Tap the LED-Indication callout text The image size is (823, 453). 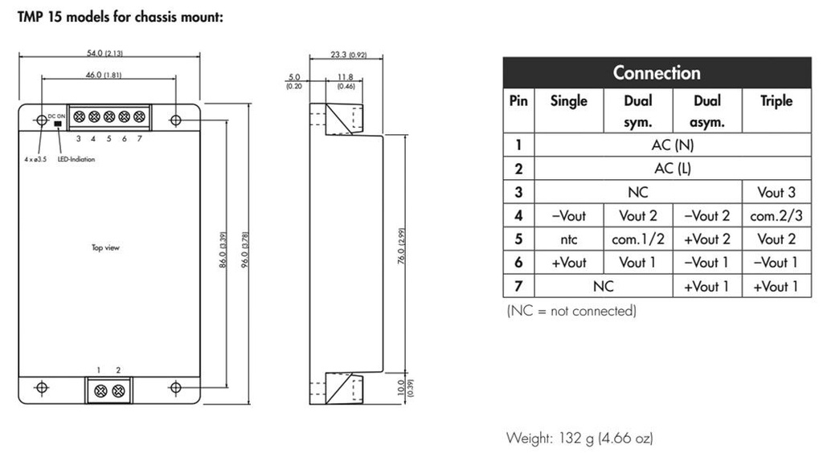click(76, 159)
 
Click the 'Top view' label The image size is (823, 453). click(105, 247)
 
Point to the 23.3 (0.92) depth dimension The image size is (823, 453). click(347, 55)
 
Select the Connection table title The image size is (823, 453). click(657, 72)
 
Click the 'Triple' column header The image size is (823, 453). click(776, 101)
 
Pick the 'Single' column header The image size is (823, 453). click(568, 101)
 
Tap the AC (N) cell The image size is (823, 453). click(672, 145)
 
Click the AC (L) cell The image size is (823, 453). click(672, 169)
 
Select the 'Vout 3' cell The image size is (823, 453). click(776, 192)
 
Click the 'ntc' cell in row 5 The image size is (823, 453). click(568, 239)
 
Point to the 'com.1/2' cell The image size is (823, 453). click(637, 239)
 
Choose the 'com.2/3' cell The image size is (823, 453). click(776, 216)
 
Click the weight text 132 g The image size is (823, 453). click(579, 438)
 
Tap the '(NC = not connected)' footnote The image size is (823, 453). click(571, 311)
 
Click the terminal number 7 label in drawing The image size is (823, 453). click(139, 138)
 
